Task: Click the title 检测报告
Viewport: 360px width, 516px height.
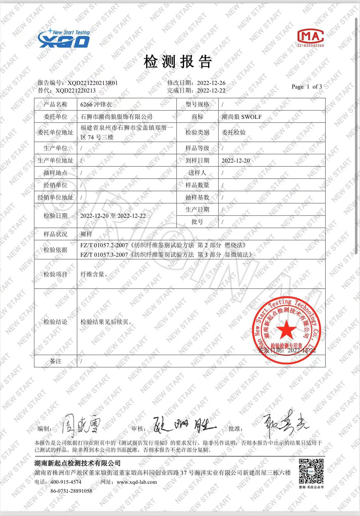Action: click(x=178, y=62)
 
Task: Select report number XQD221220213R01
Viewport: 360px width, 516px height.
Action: click(x=93, y=83)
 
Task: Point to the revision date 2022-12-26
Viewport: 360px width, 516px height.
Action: click(x=211, y=83)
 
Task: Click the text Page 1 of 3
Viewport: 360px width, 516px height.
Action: click(x=307, y=87)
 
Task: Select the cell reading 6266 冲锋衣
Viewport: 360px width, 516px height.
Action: click(x=96, y=105)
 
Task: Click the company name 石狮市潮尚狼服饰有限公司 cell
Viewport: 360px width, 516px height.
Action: click(x=116, y=117)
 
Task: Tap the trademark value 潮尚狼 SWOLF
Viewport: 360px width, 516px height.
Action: click(x=241, y=117)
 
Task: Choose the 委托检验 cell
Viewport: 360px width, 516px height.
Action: click(x=234, y=132)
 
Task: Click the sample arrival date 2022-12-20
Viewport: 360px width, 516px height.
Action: click(x=236, y=161)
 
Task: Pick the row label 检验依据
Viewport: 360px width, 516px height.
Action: click(x=56, y=250)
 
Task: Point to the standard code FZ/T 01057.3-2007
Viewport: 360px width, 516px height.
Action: click(x=104, y=255)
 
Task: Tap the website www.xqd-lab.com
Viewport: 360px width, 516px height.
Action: click(x=137, y=482)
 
